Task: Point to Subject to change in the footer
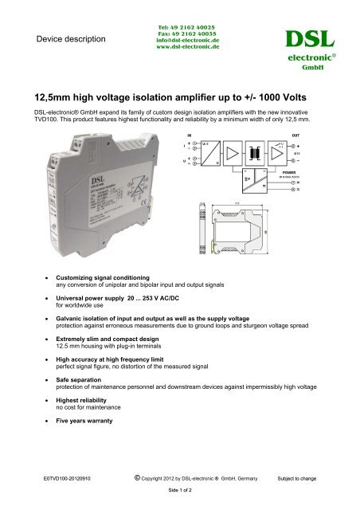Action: click(297, 479)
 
